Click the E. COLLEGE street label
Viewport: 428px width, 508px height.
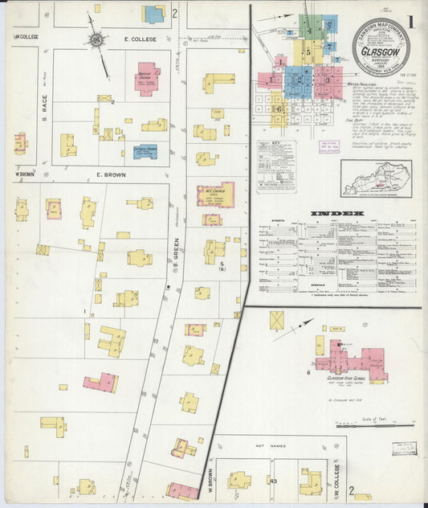point(138,39)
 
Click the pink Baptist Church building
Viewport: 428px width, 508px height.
point(147,78)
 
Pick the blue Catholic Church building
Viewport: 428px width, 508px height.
point(145,151)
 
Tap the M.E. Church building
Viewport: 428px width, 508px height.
point(215,195)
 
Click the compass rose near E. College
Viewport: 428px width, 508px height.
point(96,39)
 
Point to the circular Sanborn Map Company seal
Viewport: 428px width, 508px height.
point(381,47)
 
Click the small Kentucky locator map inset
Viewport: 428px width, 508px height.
point(376,178)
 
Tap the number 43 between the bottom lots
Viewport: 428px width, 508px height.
point(274,481)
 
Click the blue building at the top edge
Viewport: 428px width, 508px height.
point(153,14)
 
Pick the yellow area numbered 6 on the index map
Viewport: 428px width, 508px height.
point(278,109)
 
